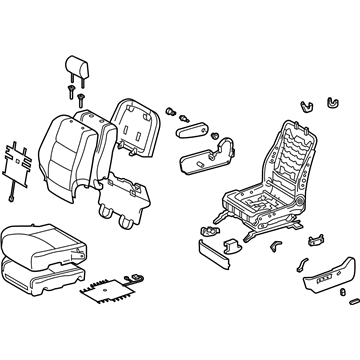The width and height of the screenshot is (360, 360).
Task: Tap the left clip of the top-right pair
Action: pos(303,104)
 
